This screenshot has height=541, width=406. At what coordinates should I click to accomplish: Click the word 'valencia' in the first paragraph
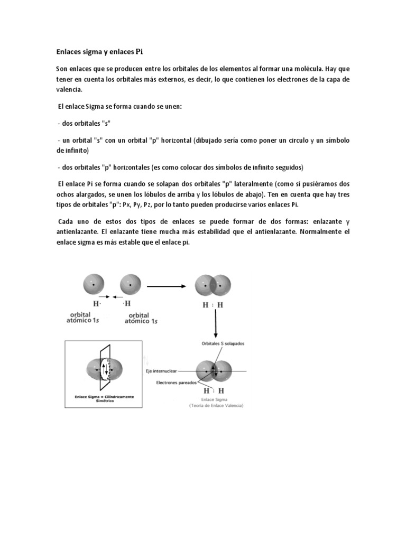70,89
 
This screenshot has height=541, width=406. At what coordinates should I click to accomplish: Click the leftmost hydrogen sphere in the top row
94,285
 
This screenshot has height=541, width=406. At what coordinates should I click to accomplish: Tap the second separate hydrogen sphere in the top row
131,285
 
